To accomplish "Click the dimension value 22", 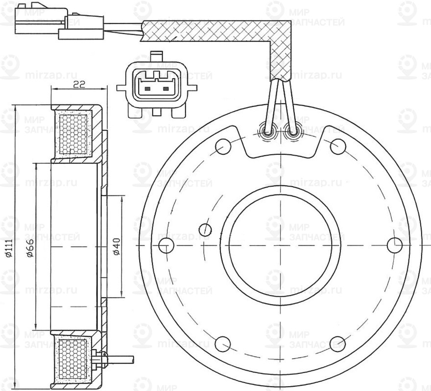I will click(79, 84).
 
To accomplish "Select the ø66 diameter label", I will click(29, 248).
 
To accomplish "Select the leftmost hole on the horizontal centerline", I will click(167, 244).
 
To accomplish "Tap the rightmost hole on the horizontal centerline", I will click(395, 244).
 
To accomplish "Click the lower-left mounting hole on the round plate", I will click(222, 343).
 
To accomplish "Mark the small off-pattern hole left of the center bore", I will click(206, 228).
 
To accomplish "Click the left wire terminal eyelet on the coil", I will click(268, 132).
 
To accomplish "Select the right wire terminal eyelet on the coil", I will click(292, 132).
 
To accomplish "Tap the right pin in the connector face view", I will click(166, 89).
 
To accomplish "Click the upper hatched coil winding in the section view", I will click(72, 133).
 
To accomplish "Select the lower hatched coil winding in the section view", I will click(72, 359).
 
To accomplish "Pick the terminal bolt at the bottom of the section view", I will click(102, 358).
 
